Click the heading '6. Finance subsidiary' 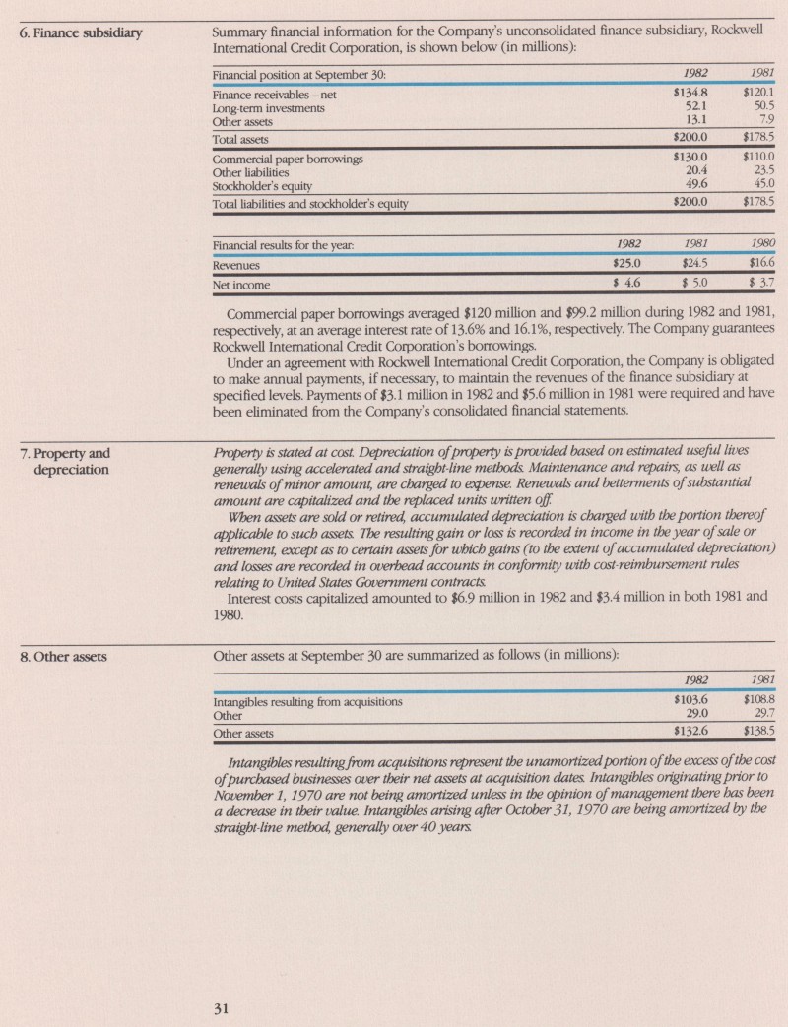coord(82,34)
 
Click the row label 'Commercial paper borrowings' coord(289,159)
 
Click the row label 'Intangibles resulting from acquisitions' coord(308,702)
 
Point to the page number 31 coord(223,1006)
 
